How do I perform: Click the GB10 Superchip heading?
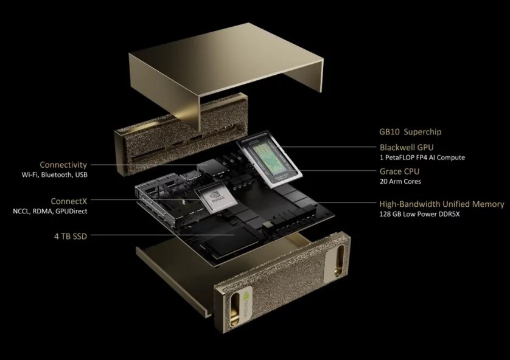tap(410, 132)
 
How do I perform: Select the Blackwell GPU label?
tap(407, 147)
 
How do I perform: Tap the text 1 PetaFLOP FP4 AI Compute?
tap(422, 157)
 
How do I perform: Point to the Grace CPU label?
tap(399, 171)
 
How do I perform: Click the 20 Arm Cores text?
tap(400, 181)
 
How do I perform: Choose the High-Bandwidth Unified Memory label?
tap(442, 204)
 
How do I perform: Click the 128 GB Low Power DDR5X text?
tap(419, 214)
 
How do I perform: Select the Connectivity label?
tap(63, 165)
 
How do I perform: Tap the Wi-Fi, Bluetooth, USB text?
tap(55, 175)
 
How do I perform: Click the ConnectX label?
tap(69, 201)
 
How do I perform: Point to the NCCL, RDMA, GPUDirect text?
tap(50, 211)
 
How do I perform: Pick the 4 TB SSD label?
tap(71, 236)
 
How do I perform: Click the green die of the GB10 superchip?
tap(268, 157)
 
